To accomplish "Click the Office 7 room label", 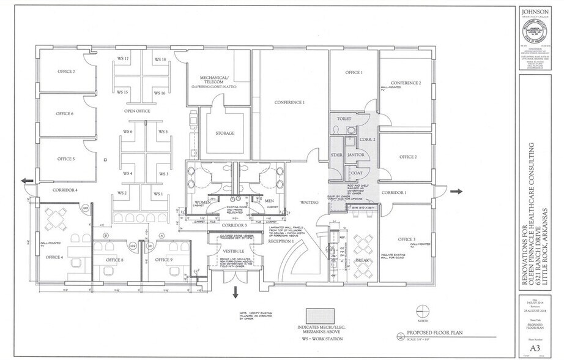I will pos(66,72).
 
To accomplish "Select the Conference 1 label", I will pos(289,102).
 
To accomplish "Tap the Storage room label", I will pos(224,133).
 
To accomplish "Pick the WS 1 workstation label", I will pos(158,193).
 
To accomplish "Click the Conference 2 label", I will pos(406,83).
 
